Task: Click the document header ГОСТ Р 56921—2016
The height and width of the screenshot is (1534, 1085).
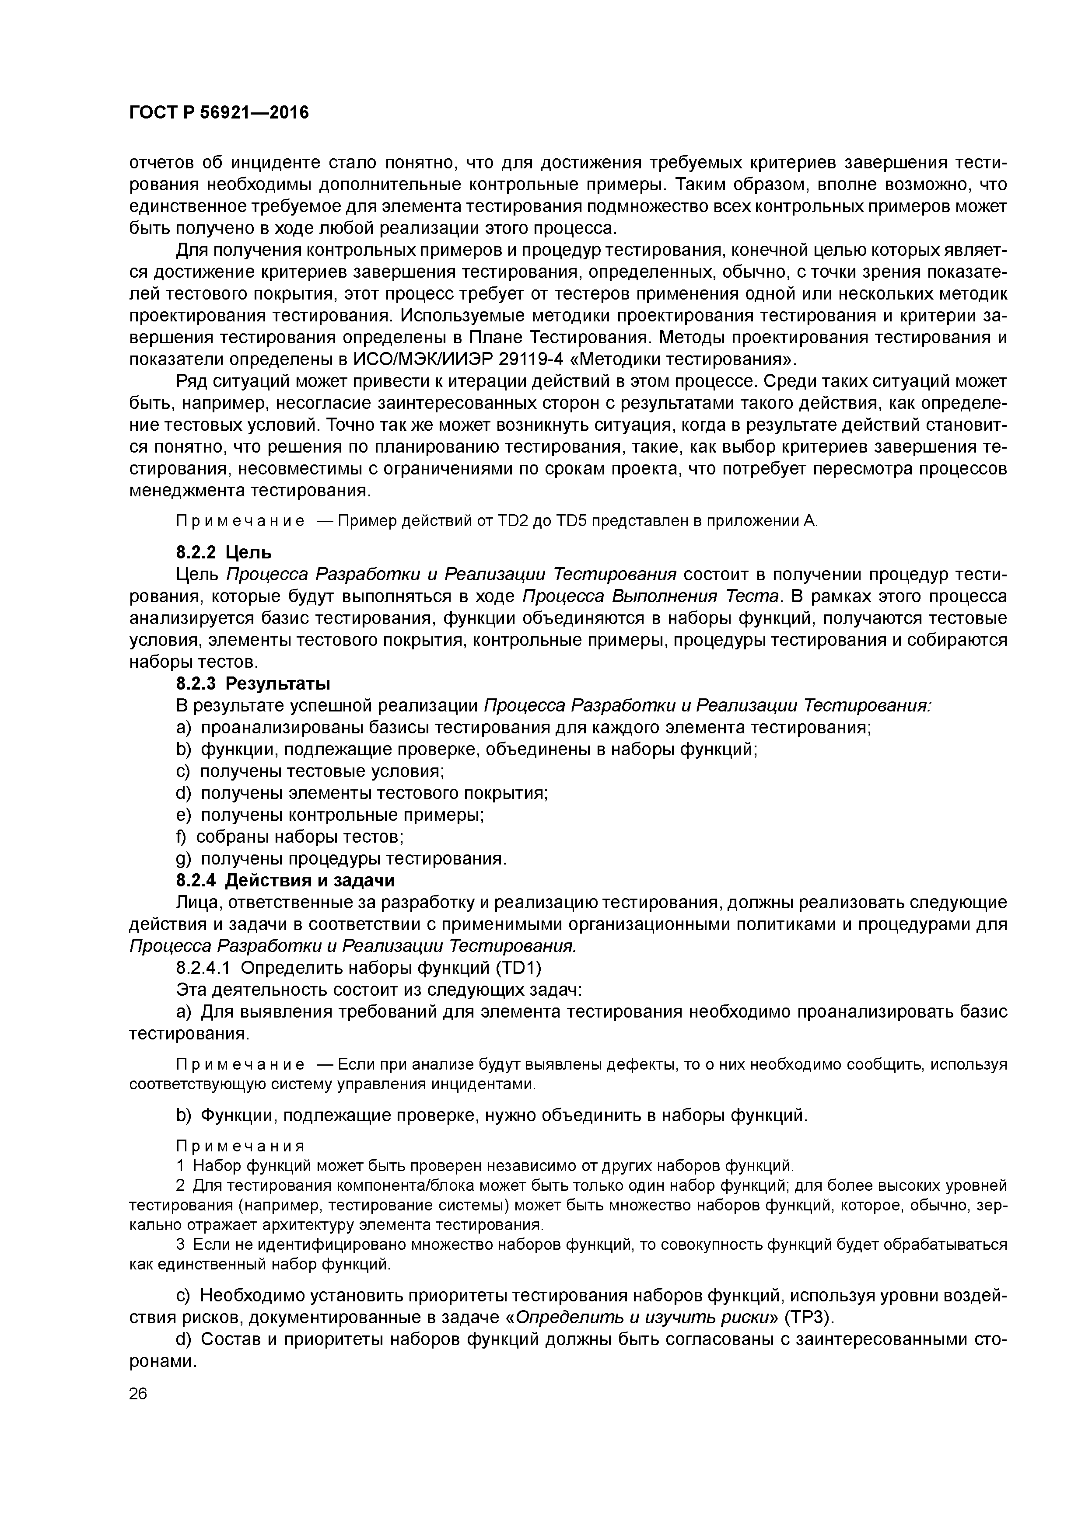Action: point(219,113)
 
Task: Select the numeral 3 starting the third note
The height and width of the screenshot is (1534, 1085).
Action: point(181,1245)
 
